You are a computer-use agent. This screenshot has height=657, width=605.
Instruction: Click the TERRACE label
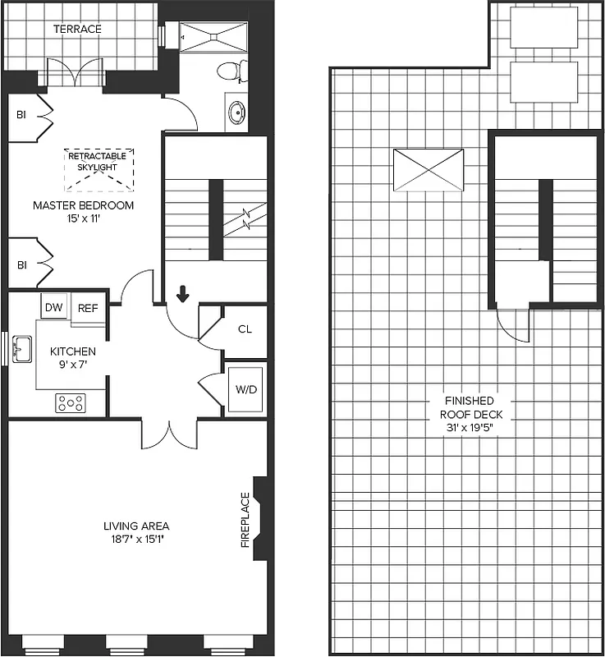(77, 29)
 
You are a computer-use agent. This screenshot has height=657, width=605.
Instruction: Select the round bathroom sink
(236, 113)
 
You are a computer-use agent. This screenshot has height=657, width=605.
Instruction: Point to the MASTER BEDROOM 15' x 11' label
(83, 211)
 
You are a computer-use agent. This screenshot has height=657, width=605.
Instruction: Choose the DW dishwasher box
(53, 307)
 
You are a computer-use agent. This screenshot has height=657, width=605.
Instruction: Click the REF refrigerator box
(87, 308)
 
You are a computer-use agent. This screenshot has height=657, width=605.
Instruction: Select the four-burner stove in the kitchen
(70, 402)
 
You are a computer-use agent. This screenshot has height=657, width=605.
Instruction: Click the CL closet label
(245, 329)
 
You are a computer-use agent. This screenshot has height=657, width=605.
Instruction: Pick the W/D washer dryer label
(246, 388)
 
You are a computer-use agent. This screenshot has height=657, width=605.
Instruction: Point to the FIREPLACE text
(245, 520)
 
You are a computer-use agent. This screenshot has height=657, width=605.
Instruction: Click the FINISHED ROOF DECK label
(465, 407)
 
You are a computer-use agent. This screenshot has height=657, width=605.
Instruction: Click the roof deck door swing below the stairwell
(516, 325)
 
